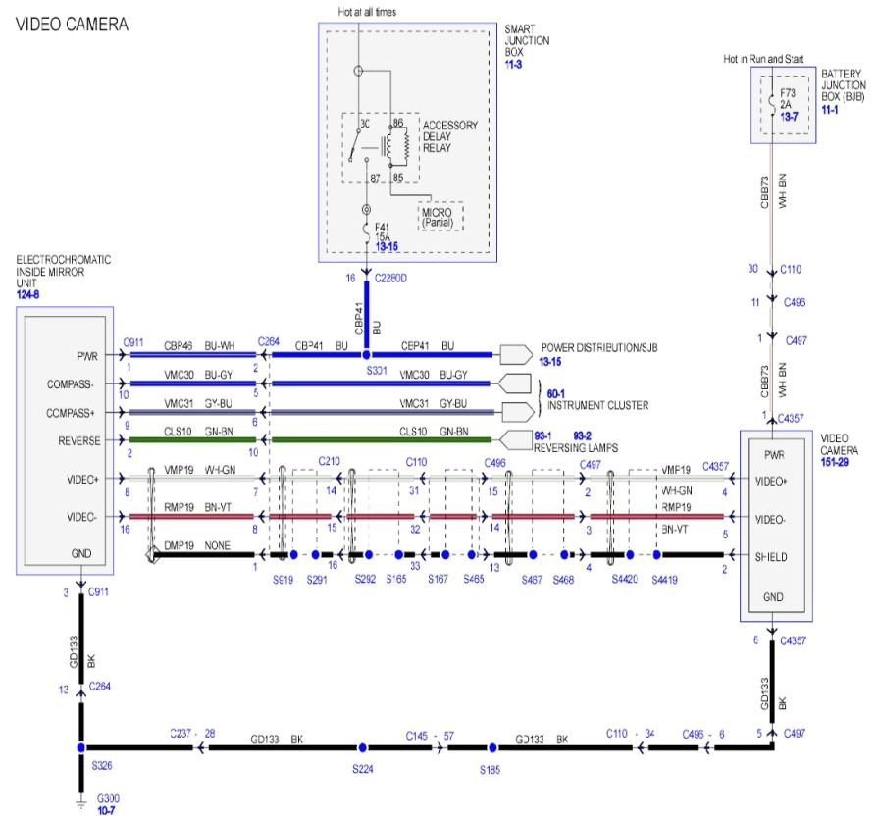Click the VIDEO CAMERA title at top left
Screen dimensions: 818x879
coord(66,24)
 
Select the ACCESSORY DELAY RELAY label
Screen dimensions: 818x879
coord(450,136)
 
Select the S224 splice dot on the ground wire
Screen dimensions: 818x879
coord(361,747)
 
